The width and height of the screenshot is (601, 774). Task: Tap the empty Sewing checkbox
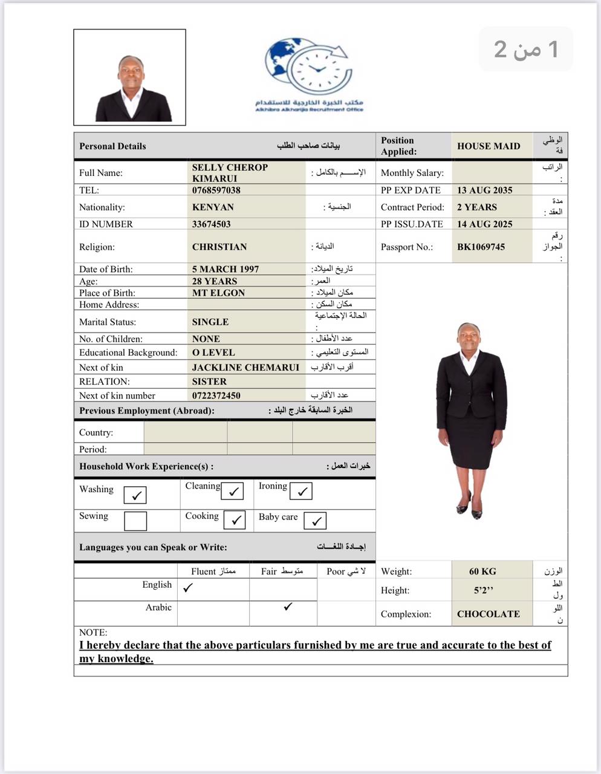click(135, 521)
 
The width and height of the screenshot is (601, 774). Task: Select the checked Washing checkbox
click(135, 495)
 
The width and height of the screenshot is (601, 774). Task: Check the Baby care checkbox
click(315, 521)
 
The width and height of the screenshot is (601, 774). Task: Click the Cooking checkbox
click(234, 520)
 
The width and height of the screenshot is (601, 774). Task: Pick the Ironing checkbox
click(301, 491)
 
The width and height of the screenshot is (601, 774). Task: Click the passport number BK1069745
click(481, 247)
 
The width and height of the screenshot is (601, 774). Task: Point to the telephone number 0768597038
click(216, 190)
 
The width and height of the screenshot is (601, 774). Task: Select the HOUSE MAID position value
click(489, 146)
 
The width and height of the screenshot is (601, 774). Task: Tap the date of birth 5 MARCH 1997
click(226, 269)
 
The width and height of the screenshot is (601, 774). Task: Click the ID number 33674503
click(211, 224)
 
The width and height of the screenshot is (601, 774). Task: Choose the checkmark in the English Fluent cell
click(188, 587)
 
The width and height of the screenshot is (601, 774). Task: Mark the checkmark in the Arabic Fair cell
click(288, 607)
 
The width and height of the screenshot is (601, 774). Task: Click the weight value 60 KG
click(482, 571)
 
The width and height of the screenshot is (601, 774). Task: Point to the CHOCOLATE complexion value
click(489, 614)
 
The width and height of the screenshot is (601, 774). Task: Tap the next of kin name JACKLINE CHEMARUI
click(245, 367)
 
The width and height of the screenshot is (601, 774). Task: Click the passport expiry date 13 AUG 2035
click(485, 190)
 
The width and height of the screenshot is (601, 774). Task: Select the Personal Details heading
click(112, 146)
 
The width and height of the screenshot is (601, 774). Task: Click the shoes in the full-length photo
click(470, 509)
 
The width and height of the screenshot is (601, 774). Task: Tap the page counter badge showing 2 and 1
click(526, 49)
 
